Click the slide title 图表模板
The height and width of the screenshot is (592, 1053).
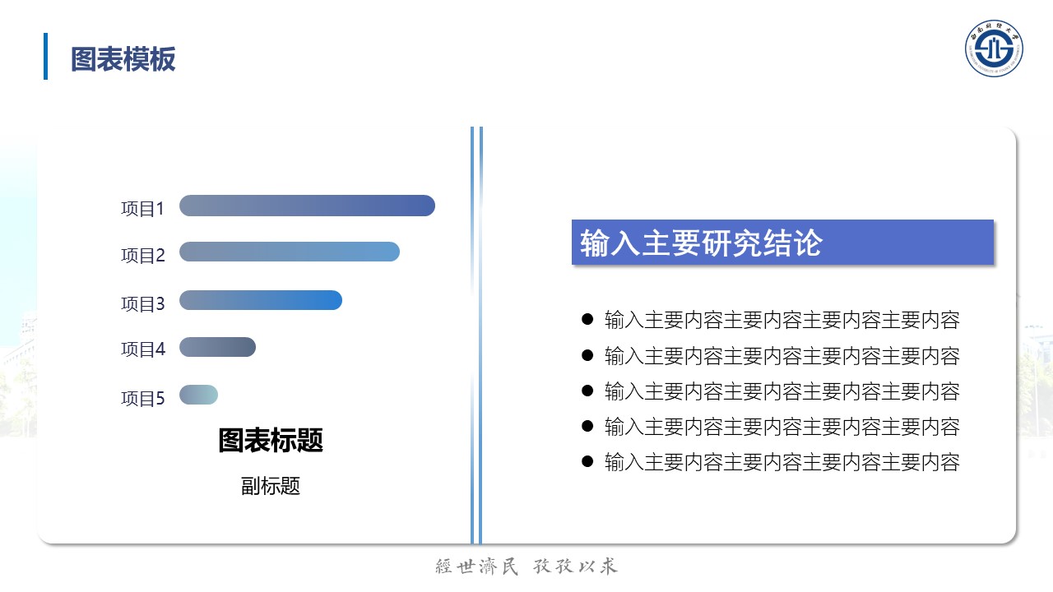[123, 59]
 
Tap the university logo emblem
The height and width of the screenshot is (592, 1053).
[994, 49]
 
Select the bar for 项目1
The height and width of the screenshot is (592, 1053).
[307, 206]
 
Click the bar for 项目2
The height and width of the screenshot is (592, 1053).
[290, 252]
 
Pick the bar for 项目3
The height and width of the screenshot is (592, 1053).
[261, 300]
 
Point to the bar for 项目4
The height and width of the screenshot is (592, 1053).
[217, 347]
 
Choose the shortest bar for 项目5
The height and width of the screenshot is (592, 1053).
[198, 395]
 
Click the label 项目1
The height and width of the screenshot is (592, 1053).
[142, 209]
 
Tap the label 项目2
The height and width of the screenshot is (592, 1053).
[143, 256]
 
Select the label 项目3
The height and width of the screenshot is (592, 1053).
[143, 304]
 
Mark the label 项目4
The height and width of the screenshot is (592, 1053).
[143, 349]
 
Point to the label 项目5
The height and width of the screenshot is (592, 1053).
[143, 399]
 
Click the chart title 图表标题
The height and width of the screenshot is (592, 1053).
[271, 440]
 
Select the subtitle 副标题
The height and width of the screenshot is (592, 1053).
[271, 486]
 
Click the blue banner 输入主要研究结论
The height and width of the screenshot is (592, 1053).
[782, 243]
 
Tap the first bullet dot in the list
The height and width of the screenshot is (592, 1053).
[587, 320]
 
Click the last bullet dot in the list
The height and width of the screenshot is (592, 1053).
[587, 461]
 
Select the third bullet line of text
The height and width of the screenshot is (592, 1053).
[782, 391]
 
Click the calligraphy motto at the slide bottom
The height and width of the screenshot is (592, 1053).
[526, 567]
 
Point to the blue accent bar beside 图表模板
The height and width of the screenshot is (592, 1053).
[45, 57]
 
